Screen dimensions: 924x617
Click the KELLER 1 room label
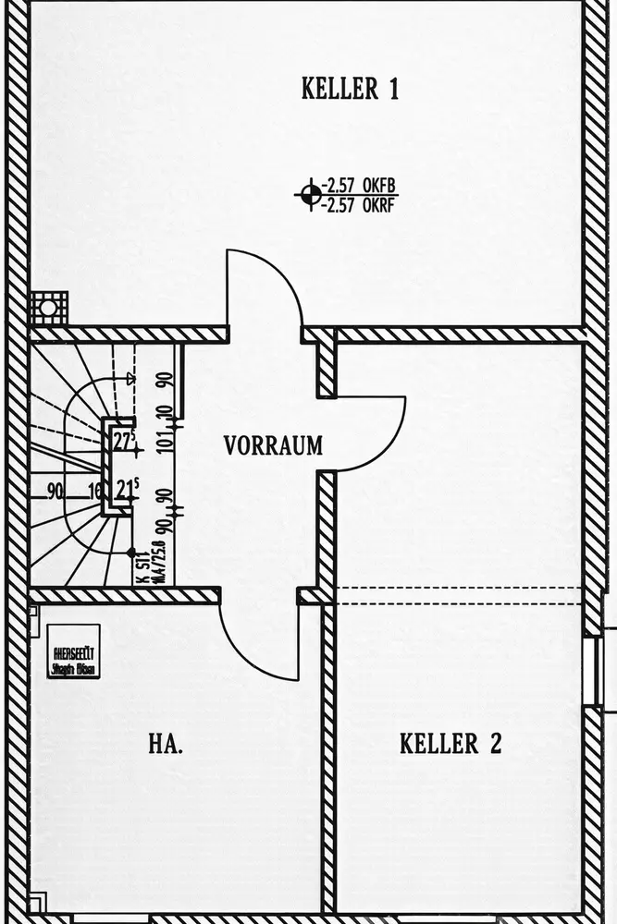pos(350,90)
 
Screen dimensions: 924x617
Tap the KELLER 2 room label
pos(450,744)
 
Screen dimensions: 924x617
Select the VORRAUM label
pos(273,445)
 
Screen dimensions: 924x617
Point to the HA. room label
pos(167,744)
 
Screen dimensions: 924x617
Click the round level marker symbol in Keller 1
pos(310,194)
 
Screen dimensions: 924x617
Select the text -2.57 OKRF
pos(359,204)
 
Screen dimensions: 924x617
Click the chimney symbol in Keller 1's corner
pos(48,306)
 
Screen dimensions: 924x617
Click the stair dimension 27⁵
pos(125,441)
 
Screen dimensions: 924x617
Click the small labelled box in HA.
pos(73,651)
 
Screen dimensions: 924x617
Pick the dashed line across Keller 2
pos(458,588)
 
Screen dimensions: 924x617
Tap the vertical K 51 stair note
pos(142,564)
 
